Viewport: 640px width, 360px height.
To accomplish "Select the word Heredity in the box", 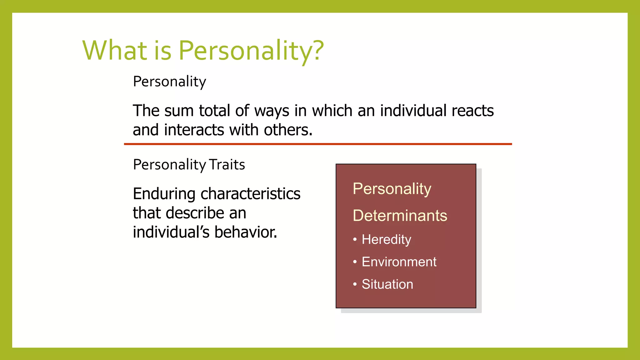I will (386, 240).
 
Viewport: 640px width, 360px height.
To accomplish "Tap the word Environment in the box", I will (399, 262).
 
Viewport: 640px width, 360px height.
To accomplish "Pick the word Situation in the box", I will (387, 284).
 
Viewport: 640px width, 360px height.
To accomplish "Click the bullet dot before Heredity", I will (355, 240).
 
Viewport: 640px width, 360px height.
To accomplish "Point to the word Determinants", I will (400, 216).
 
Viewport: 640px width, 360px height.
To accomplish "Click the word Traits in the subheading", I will (227, 165).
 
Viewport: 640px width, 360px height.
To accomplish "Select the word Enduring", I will (164, 194).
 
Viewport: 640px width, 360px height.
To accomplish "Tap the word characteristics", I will (250, 194).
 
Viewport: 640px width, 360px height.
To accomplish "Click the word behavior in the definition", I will (246, 232).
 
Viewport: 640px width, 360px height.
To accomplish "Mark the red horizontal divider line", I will (318, 144).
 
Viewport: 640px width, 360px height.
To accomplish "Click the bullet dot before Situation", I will (355, 284).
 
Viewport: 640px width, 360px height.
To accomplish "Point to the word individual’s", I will (171, 232).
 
